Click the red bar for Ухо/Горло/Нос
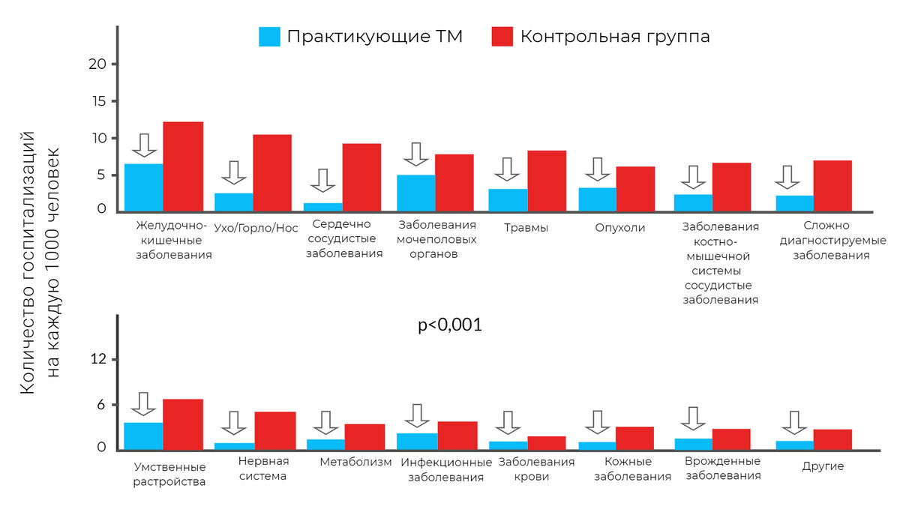pos(272,173)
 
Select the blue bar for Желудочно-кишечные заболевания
pos(144,187)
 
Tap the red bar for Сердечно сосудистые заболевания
pos(362,178)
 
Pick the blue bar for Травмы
pos(508,199)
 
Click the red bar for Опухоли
pos(636,189)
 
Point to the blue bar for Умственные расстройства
pos(144,436)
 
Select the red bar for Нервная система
pos(274,430)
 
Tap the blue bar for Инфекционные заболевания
pos(418,441)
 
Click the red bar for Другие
pos(832,439)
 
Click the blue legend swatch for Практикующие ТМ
pos(269,37)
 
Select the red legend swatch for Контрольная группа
pos(502,37)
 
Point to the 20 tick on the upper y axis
pos(98,64)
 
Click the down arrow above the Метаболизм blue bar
pos(326,423)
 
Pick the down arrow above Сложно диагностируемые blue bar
pos(788,178)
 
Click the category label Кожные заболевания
pos(632,469)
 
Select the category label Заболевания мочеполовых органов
pos(437,240)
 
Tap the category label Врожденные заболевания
pos(723,469)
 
